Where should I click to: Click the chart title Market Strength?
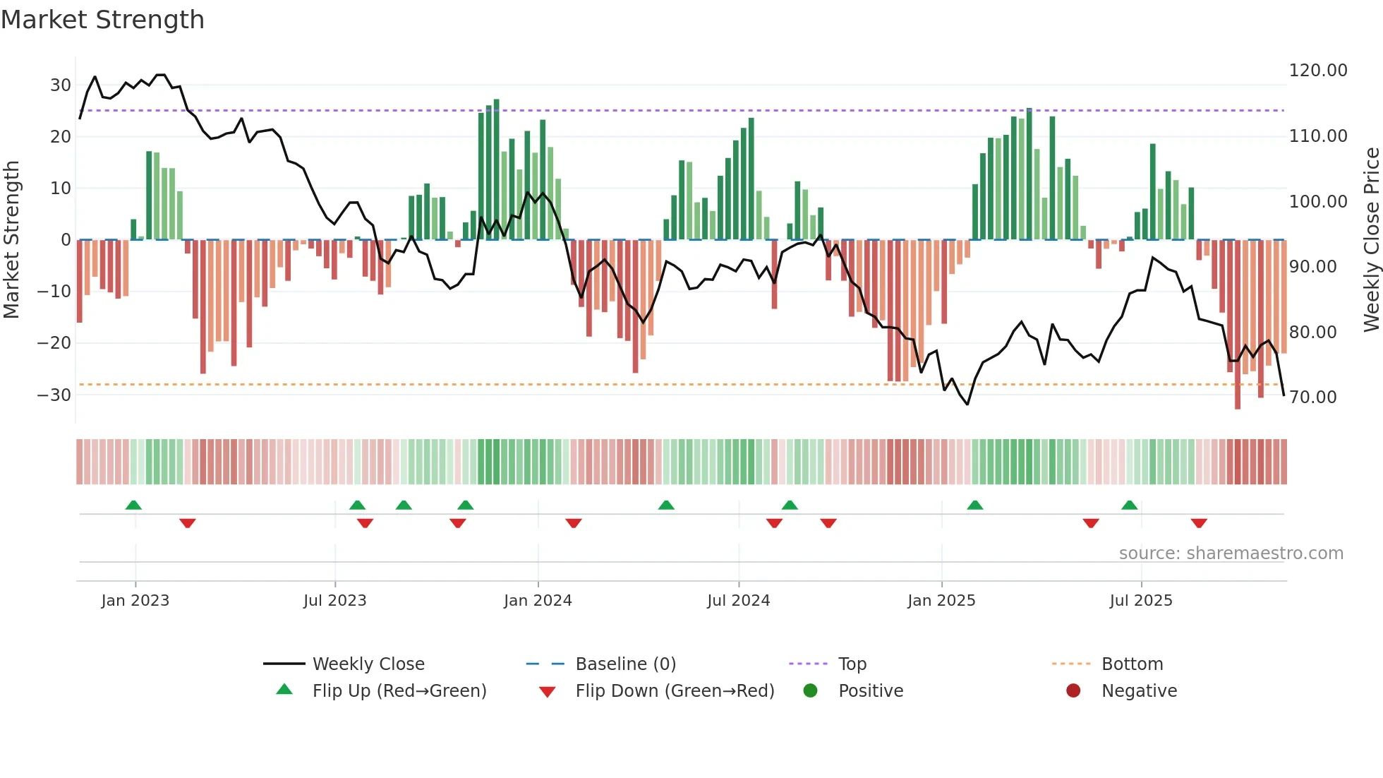coord(102,20)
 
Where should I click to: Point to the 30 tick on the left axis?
coord(60,85)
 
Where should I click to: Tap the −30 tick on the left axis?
coord(54,395)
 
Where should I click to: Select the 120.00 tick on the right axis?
coord(1317,71)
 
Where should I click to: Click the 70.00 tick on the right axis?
coord(1312,397)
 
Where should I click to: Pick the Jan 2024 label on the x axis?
coord(538,601)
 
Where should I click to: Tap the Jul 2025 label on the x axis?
coord(1140,601)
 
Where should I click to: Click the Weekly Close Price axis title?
coord(1371,240)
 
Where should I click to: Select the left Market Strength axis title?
coord(12,240)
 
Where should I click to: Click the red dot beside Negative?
coord(1073,691)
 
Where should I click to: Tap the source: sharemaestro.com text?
coord(1231,553)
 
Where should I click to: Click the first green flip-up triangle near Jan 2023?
coord(133,505)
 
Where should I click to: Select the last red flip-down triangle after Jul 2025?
coord(1199,523)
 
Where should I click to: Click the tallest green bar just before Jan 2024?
coord(497,169)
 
